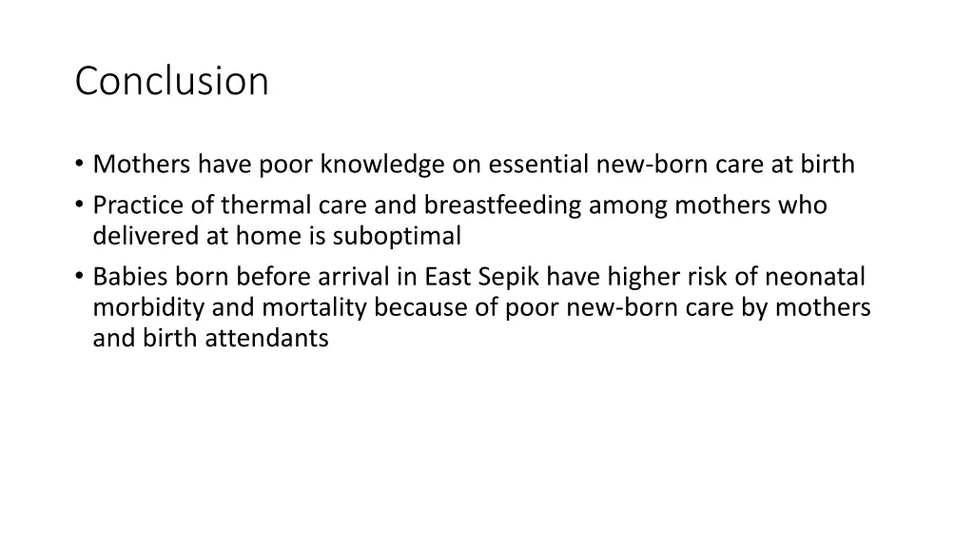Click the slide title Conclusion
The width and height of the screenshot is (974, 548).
[x=171, y=81]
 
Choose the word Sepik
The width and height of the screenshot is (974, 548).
[x=509, y=278]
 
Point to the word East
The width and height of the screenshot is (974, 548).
[x=447, y=277]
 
